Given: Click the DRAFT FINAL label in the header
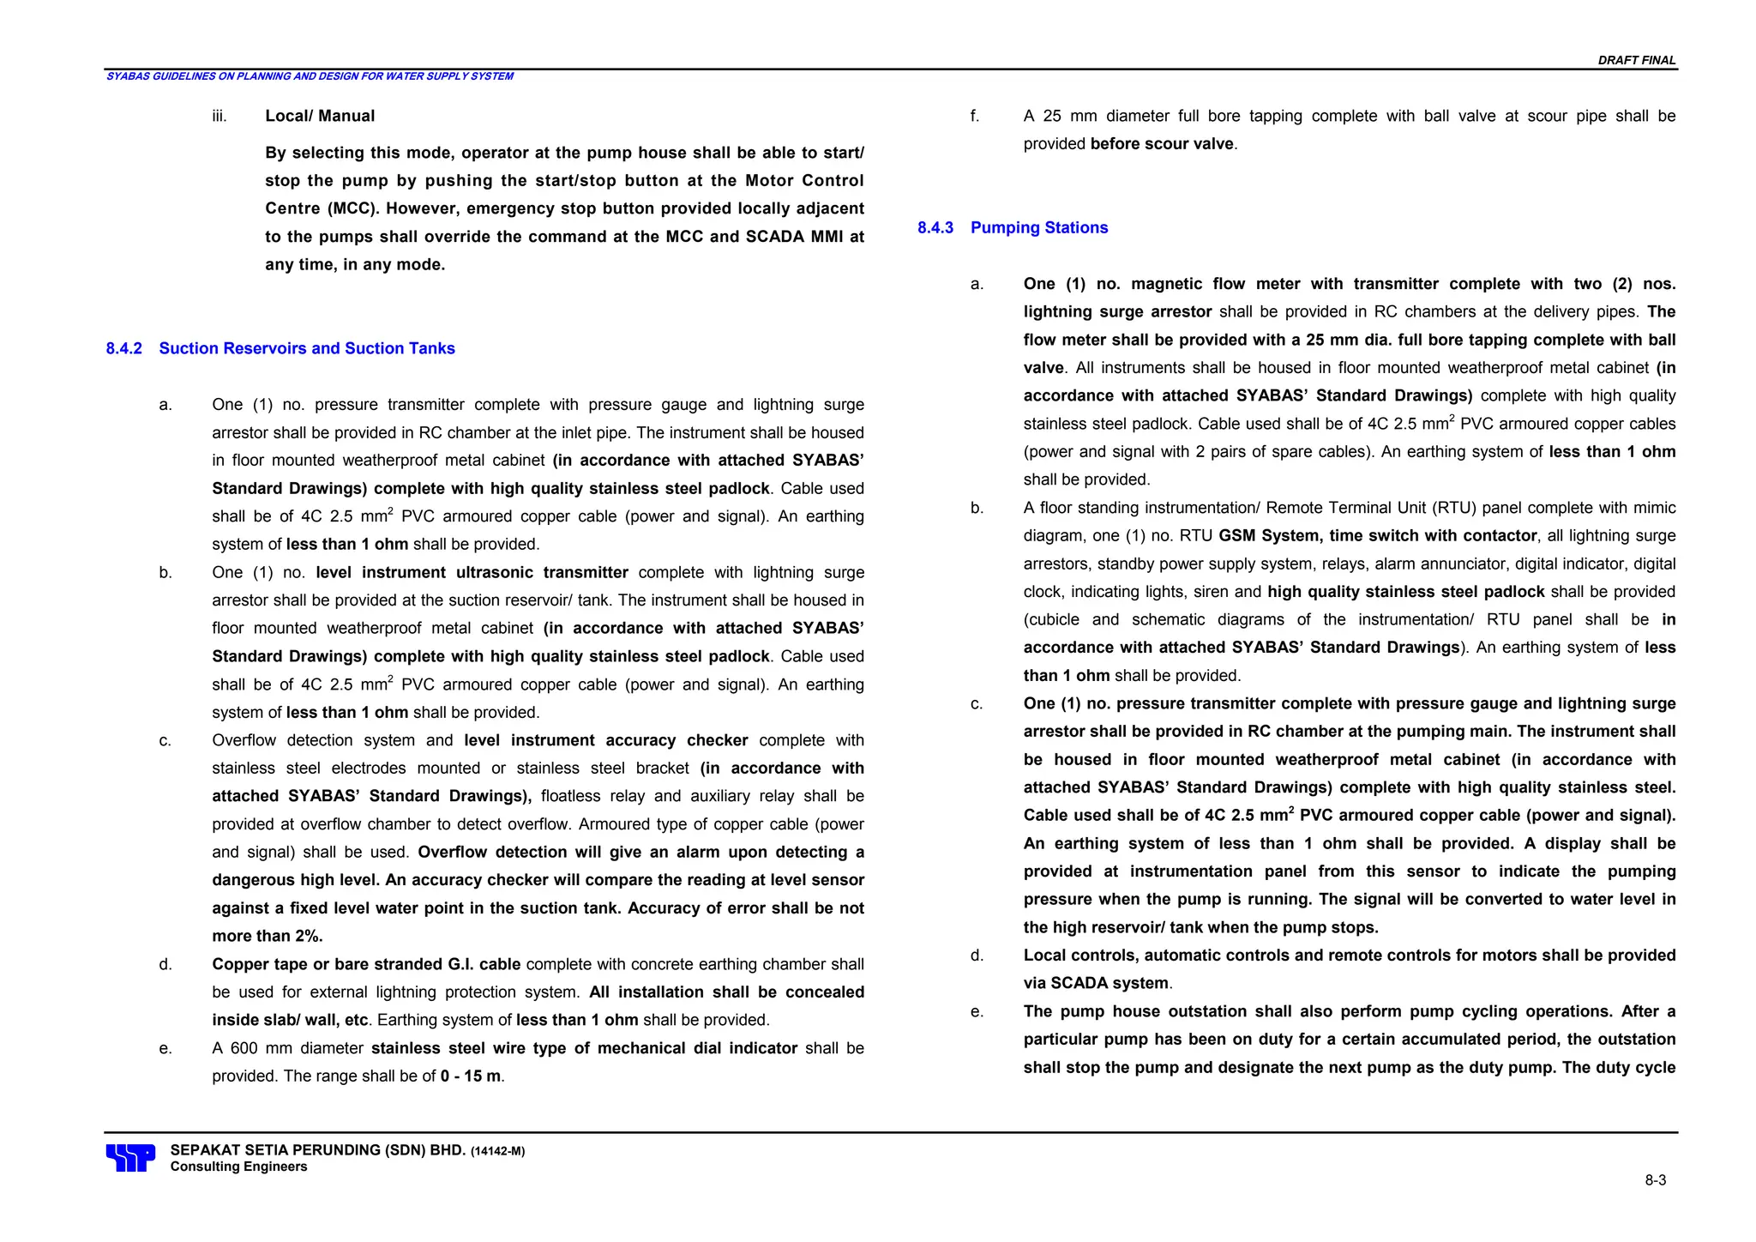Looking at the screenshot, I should coord(1636,60).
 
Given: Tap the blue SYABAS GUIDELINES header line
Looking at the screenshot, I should coord(310,76).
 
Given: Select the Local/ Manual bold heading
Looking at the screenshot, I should coord(320,116).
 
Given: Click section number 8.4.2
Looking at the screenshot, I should coord(123,348).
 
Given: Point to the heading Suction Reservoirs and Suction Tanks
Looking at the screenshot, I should coord(307,348).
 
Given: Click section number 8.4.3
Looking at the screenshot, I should coord(935,227).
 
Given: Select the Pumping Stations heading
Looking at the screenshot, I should coord(1038,227).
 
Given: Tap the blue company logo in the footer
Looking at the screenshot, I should coord(130,1158).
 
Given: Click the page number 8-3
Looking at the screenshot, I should coord(1655,1180).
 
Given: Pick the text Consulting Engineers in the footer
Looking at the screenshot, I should coord(238,1167).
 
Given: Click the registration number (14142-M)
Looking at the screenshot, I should coord(497,1151).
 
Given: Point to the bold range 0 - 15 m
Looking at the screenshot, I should coord(470,1076).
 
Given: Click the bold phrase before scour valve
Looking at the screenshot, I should coord(1162,144).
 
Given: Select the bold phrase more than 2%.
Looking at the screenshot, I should coord(268,936).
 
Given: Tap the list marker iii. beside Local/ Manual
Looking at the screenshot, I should coord(219,116).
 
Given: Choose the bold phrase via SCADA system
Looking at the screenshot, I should coord(1096,983).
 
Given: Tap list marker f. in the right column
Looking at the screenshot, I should coord(975,116).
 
